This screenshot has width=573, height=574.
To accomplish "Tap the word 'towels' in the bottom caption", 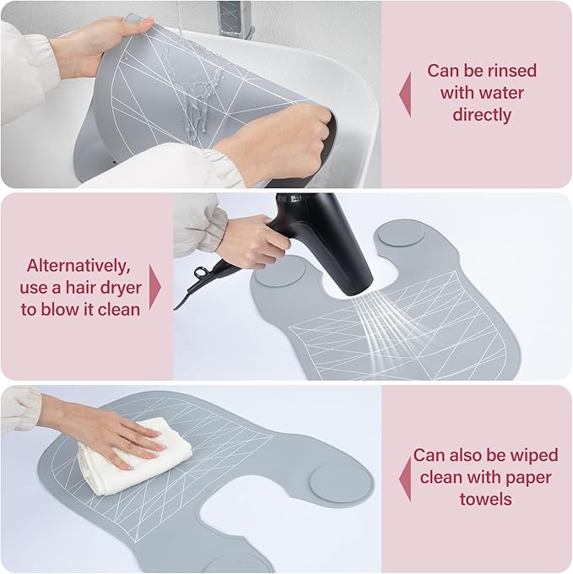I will point(485,499).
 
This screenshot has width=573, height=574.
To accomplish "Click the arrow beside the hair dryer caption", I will point(155,287).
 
